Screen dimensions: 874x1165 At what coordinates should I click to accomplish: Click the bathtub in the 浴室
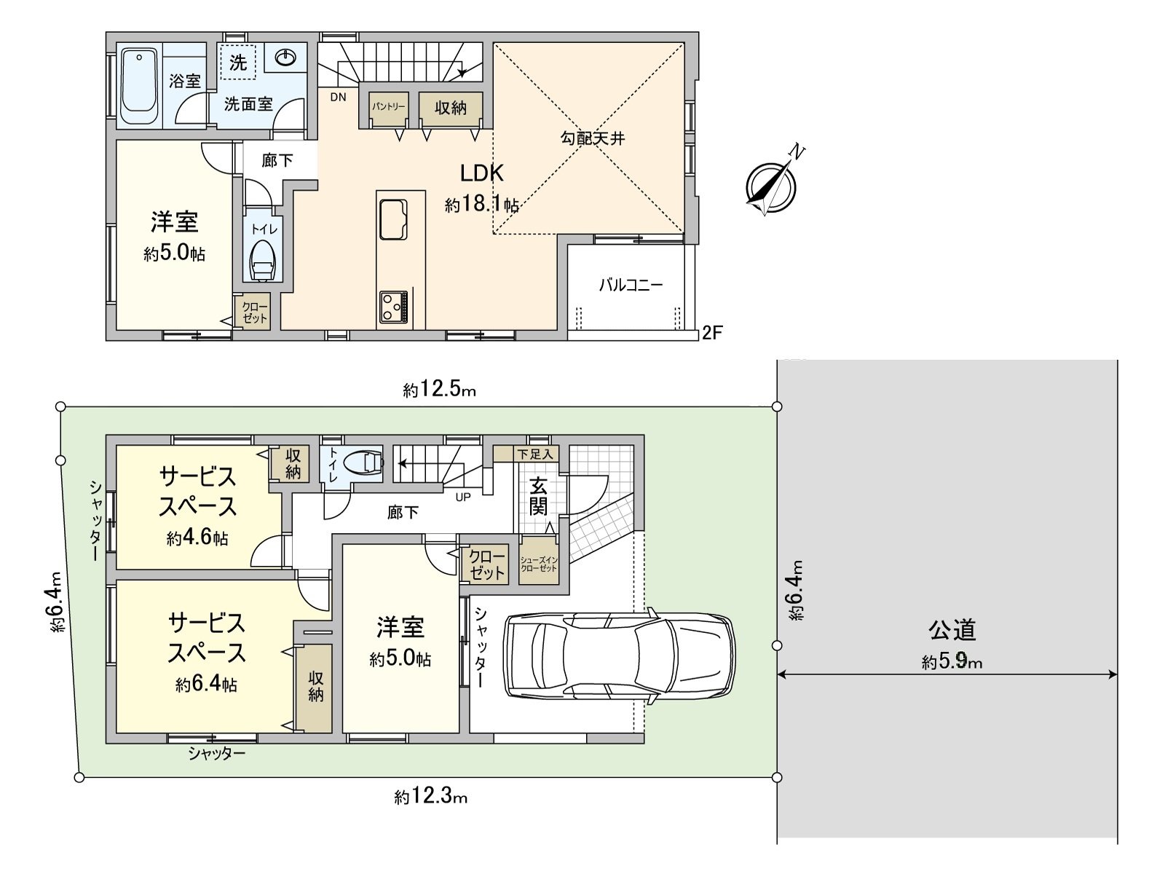click(x=138, y=86)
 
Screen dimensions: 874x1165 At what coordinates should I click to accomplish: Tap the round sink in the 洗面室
click(x=285, y=58)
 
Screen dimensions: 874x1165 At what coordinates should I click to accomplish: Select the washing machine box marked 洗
click(x=238, y=63)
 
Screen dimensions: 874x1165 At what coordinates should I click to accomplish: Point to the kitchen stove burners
click(x=394, y=307)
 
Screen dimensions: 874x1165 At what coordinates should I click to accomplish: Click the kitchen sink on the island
click(x=393, y=218)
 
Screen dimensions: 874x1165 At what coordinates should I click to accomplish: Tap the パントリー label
click(x=388, y=107)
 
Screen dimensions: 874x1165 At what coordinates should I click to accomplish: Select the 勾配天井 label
click(x=592, y=138)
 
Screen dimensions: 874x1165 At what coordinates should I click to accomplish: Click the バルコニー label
click(x=631, y=285)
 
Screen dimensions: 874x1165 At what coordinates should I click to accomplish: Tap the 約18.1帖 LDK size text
click(x=481, y=205)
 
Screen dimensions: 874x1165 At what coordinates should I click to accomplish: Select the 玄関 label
click(x=538, y=495)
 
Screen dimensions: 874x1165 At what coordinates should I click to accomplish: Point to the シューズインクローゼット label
click(x=539, y=564)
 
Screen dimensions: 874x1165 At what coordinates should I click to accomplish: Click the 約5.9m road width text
click(x=952, y=662)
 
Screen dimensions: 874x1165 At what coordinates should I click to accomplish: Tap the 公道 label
click(x=952, y=629)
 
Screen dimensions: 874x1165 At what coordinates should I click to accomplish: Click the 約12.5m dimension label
click(x=440, y=390)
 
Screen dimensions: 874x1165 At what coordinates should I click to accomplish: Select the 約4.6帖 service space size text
click(x=197, y=538)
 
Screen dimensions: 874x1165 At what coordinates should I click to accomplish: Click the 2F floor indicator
click(x=711, y=334)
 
